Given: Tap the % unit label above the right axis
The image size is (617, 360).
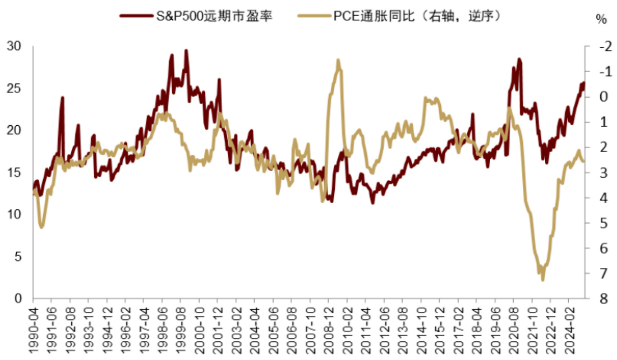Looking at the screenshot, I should coord(601,20).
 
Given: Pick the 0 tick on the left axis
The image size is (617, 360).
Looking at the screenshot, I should coord(18,299).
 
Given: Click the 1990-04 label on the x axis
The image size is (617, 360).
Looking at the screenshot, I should coord(33,330).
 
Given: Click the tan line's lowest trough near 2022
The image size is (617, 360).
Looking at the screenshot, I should coord(543,280).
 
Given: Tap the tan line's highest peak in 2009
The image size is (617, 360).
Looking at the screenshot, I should coord(338,60).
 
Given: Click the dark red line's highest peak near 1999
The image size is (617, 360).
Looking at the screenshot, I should coord(186,50).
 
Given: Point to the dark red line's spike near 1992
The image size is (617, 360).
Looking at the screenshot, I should coord(62,98).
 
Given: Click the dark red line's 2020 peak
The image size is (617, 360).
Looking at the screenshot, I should coord(519,59).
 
